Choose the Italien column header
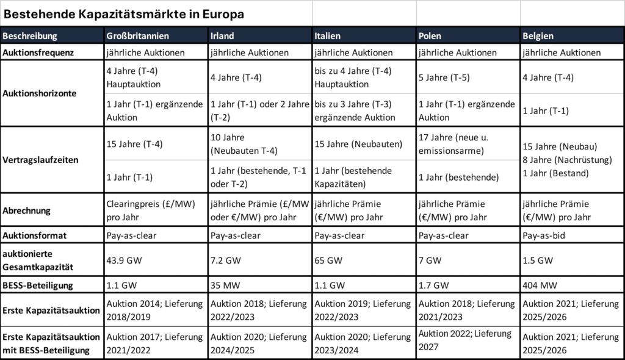[329, 35]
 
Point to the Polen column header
[430, 35]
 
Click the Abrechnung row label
[27, 211]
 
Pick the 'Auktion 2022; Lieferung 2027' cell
[466, 339]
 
